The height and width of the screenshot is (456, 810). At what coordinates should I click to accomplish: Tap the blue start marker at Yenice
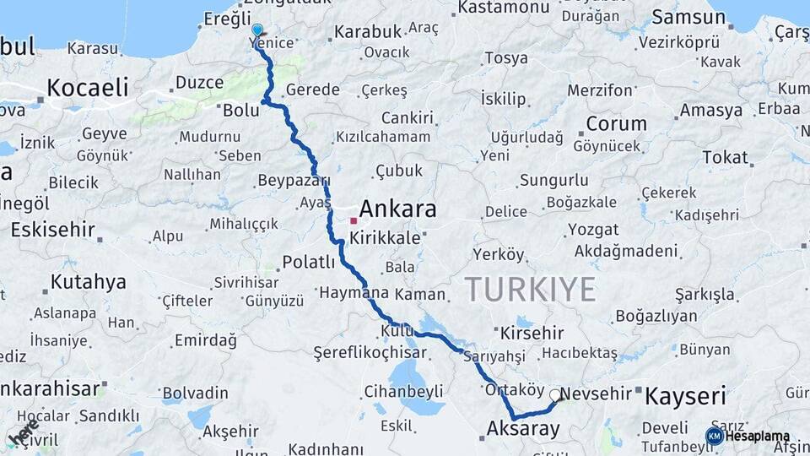tap(257, 30)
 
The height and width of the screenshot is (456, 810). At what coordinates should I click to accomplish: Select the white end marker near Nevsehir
tap(555, 394)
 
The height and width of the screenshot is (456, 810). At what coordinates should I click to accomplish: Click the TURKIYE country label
tap(530, 289)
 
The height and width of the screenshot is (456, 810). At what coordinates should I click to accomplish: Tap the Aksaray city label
tap(523, 428)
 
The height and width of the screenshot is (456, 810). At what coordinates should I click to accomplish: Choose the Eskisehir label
tap(53, 229)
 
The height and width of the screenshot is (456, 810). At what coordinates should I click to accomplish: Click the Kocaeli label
tap(88, 87)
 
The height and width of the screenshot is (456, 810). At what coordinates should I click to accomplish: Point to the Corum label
tap(616, 124)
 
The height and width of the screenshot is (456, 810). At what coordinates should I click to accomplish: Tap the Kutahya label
tap(88, 281)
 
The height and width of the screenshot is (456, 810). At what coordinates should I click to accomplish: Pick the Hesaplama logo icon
tap(714, 436)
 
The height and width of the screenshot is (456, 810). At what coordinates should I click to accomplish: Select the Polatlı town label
tap(309, 262)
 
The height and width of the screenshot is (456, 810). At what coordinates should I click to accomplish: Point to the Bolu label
tap(240, 109)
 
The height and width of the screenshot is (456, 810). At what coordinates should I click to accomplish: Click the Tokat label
tap(725, 157)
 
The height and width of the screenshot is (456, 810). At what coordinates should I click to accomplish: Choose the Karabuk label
tap(368, 32)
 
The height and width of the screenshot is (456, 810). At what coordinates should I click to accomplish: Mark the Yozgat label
tap(592, 230)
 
